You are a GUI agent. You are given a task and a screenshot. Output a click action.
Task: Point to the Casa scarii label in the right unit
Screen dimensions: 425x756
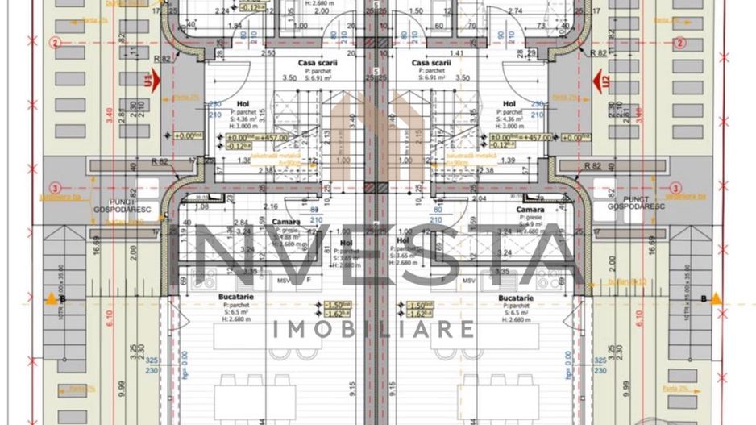[x=430, y=62]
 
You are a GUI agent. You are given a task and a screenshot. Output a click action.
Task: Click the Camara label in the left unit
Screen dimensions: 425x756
[x=286, y=222]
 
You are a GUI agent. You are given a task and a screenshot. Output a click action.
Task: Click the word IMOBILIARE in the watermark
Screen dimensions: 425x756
[x=375, y=329]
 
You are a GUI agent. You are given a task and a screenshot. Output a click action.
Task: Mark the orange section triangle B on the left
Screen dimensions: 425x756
[x=52, y=299]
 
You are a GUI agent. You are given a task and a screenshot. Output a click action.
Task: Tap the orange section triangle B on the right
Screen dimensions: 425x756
[x=715, y=299]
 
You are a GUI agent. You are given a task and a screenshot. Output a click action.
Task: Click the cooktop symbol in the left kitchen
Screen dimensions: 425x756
[x=203, y=279]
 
